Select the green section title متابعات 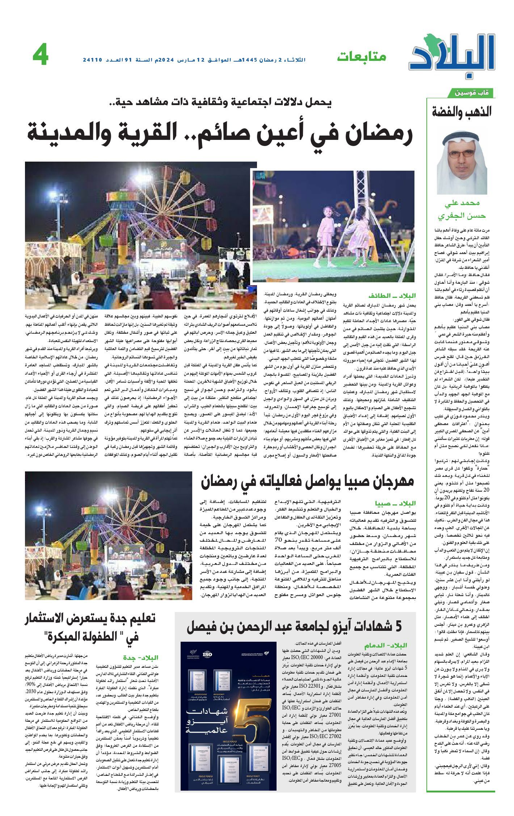point(361,57)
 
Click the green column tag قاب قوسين point(473,93)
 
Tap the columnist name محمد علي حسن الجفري point(462,210)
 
